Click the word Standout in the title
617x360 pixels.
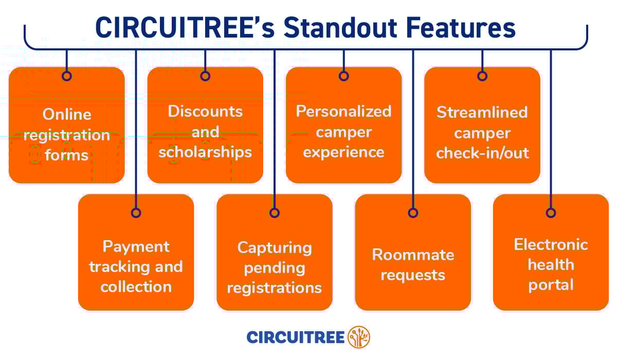(340, 28)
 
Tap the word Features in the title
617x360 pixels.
(461, 28)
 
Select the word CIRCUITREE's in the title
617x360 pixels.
(185, 28)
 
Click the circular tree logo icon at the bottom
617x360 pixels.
(359, 337)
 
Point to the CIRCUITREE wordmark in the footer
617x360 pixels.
(296, 337)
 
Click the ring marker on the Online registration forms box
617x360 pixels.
(67, 76)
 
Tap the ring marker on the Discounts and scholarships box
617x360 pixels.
(205, 76)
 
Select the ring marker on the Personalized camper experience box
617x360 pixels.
(344, 76)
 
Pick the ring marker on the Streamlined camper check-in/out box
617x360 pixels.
(482, 76)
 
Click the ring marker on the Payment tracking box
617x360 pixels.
(136, 212)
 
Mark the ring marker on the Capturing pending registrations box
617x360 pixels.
(275, 212)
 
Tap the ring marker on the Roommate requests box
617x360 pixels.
(413, 212)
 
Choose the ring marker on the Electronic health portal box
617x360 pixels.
(551, 212)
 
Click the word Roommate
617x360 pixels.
(413, 255)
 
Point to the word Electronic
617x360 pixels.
(551, 244)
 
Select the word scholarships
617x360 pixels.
(205, 152)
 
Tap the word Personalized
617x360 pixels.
(344, 112)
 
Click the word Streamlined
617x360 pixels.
(482, 112)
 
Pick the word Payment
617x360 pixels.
(136, 247)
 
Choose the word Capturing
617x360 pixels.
(275, 248)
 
